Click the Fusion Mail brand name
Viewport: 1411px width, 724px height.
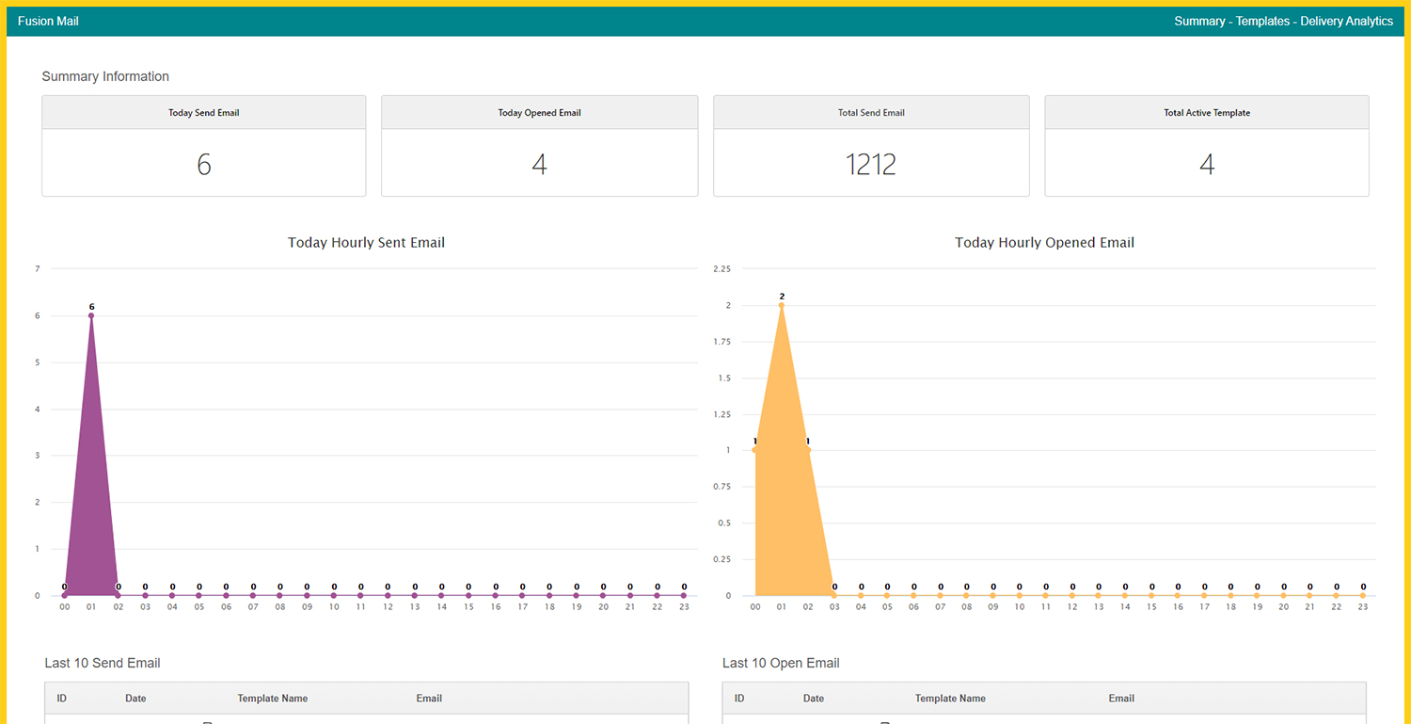pyautogui.click(x=48, y=21)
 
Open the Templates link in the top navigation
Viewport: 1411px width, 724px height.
pyautogui.click(x=1262, y=21)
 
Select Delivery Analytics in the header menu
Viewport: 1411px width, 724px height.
pyautogui.click(x=1346, y=21)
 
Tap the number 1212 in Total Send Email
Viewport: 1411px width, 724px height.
pyautogui.click(x=870, y=165)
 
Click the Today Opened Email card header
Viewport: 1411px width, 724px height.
pyautogui.click(x=539, y=113)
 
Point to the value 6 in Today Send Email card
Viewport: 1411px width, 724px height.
pyautogui.click(x=203, y=165)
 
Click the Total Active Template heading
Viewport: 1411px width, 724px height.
pyautogui.click(x=1207, y=113)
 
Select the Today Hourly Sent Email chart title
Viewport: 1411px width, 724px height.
pyautogui.click(x=366, y=243)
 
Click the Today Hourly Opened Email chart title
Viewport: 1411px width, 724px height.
pyautogui.click(x=1044, y=243)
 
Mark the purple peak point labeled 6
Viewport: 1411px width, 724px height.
pyautogui.click(x=91, y=315)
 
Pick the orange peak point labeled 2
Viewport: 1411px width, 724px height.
pyautogui.click(x=781, y=305)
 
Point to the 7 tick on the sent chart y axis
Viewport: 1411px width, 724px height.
pyautogui.click(x=38, y=268)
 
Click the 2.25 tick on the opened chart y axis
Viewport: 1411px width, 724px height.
pyautogui.click(x=721, y=268)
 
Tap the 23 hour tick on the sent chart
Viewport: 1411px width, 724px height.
pyautogui.click(x=684, y=606)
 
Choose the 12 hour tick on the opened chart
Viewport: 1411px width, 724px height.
pyautogui.click(x=1072, y=606)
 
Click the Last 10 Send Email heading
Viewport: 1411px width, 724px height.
pyautogui.click(x=102, y=663)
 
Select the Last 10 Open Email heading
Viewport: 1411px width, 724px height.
pyautogui.click(x=781, y=663)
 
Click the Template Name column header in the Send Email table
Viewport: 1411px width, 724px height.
pyautogui.click(x=272, y=699)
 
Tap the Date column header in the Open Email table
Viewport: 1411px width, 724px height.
pyautogui.click(x=814, y=699)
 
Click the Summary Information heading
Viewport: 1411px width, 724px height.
pyautogui.click(x=105, y=76)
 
